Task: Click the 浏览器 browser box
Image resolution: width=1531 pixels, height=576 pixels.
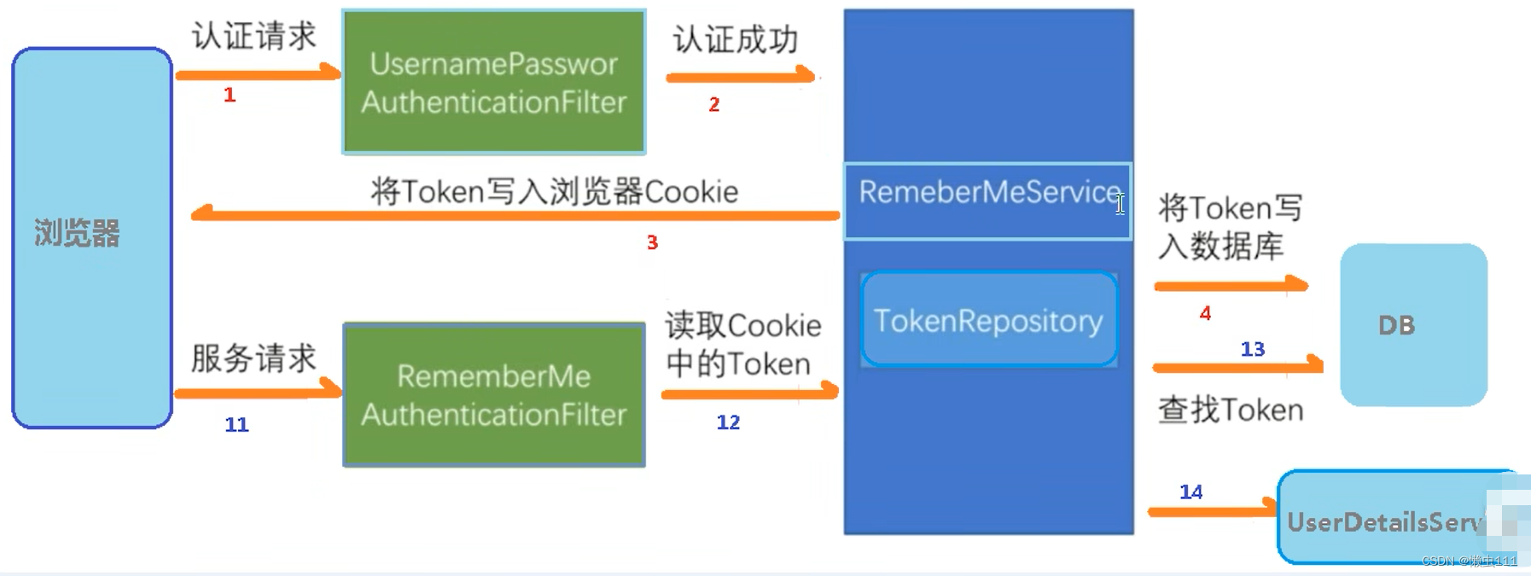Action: tap(92, 237)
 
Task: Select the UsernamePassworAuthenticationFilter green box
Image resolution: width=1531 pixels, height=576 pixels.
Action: tap(493, 82)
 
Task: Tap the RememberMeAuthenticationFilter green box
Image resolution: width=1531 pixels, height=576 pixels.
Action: tap(493, 394)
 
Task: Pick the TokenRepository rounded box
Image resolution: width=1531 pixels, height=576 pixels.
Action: tap(989, 320)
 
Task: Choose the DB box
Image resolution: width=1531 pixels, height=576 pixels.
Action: tap(1412, 324)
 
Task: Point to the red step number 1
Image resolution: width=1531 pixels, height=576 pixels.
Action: tap(230, 95)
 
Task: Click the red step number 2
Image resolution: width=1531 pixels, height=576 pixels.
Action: tap(714, 105)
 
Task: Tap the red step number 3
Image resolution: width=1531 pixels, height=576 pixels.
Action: tap(652, 243)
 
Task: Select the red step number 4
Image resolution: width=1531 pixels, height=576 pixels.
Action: tap(1205, 313)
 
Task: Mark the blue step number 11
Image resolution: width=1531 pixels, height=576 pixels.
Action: tap(236, 424)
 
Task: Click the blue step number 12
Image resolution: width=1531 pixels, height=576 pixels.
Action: tap(728, 422)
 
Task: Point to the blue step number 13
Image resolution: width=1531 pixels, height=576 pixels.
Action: tap(1252, 349)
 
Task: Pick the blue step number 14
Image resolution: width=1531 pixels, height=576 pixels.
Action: tap(1190, 492)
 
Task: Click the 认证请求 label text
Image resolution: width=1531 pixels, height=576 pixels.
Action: tap(253, 37)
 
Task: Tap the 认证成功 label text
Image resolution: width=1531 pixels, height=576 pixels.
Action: tap(735, 39)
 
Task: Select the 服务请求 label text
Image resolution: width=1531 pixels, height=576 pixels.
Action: tap(253, 358)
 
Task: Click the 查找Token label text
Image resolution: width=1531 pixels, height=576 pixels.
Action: tap(1230, 410)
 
